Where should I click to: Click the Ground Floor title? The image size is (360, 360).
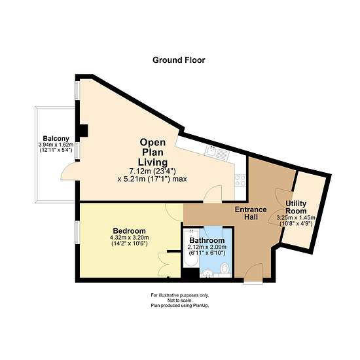pos(179,60)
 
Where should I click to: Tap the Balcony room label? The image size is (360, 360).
pos(56,139)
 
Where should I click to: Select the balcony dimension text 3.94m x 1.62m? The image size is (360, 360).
pos(56,145)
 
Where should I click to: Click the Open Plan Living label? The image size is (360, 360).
pos(153,153)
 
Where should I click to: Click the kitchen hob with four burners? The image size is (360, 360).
pos(240,180)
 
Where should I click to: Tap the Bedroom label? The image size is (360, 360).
pos(129,231)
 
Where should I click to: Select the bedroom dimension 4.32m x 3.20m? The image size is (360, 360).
pos(129,238)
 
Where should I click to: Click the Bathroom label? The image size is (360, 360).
pos(207,240)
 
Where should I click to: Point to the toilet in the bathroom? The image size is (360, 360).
pos(225,268)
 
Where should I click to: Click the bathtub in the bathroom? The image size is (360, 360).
pos(191,248)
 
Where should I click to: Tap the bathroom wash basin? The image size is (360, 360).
pos(207,274)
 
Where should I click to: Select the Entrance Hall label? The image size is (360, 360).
pos(251,213)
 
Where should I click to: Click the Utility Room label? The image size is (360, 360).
pos(296,207)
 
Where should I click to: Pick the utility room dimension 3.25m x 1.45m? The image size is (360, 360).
pos(296,218)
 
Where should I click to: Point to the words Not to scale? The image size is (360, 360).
pos(180,300)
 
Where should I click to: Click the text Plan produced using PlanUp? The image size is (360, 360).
pos(180,306)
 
